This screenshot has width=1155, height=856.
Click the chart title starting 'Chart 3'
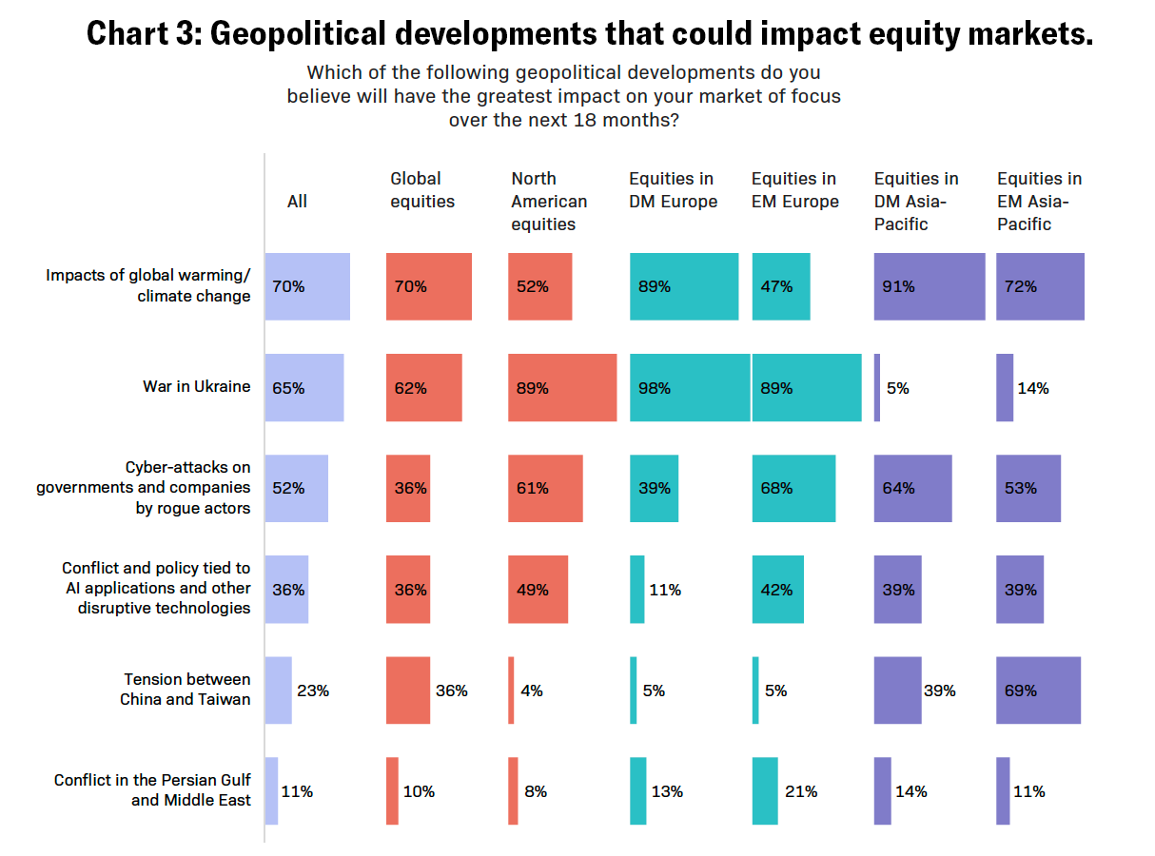pyautogui.click(x=589, y=34)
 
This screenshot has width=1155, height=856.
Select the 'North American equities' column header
pyautogui.click(x=549, y=202)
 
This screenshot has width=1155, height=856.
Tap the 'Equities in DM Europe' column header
pyautogui.click(x=673, y=190)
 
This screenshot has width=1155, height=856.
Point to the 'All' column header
pyautogui.click(x=298, y=202)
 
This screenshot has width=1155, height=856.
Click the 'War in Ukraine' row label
pyautogui.click(x=197, y=386)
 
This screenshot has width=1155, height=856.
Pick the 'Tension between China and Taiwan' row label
pyautogui.click(x=186, y=689)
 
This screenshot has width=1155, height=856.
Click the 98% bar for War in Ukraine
pyautogui.click(x=690, y=388)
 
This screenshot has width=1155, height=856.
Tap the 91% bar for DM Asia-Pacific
pyautogui.click(x=930, y=286)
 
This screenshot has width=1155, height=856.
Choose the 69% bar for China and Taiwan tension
pyautogui.click(x=1038, y=691)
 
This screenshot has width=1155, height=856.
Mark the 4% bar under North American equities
pyautogui.click(x=511, y=691)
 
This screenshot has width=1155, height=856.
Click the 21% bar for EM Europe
pyautogui.click(x=765, y=791)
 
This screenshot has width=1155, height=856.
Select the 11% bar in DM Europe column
pyautogui.click(x=636, y=590)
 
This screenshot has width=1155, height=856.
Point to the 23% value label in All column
pyautogui.click(x=313, y=691)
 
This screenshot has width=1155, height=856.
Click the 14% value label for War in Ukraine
pyautogui.click(x=1033, y=388)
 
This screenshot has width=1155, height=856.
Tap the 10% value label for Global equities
pyautogui.click(x=419, y=791)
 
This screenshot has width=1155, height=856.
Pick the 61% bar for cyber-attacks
pyautogui.click(x=545, y=489)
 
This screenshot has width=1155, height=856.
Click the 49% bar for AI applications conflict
pyautogui.click(x=538, y=590)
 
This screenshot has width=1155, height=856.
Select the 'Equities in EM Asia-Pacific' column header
pyautogui.click(x=1039, y=202)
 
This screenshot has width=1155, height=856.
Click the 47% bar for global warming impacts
pyautogui.click(x=781, y=286)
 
